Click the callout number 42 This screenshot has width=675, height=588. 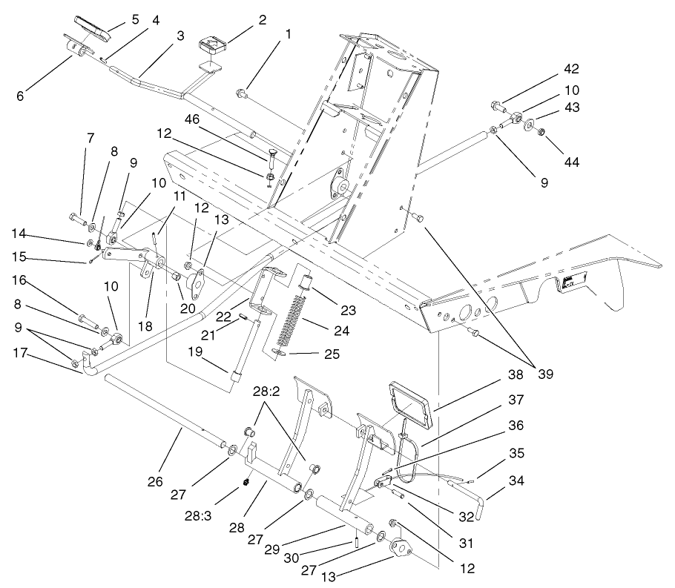(x=570, y=69)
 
